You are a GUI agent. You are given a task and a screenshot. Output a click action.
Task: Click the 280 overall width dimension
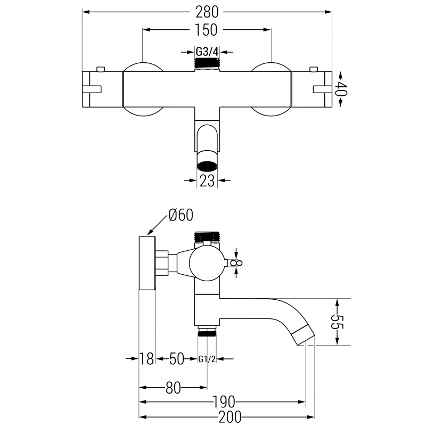coord(207,11)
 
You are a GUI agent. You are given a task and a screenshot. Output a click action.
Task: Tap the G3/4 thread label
coord(207,52)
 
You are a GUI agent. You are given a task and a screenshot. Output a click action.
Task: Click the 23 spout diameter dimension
coord(207,181)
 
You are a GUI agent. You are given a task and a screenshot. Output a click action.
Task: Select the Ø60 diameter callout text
coord(181,216)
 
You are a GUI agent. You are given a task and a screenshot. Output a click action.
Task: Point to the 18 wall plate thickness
coord(147,359)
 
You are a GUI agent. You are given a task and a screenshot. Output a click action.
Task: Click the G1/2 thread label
coord(207,359)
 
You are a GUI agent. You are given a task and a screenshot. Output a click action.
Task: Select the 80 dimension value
coord(173,388)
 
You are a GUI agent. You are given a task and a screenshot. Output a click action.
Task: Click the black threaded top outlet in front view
coord(207,63)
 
